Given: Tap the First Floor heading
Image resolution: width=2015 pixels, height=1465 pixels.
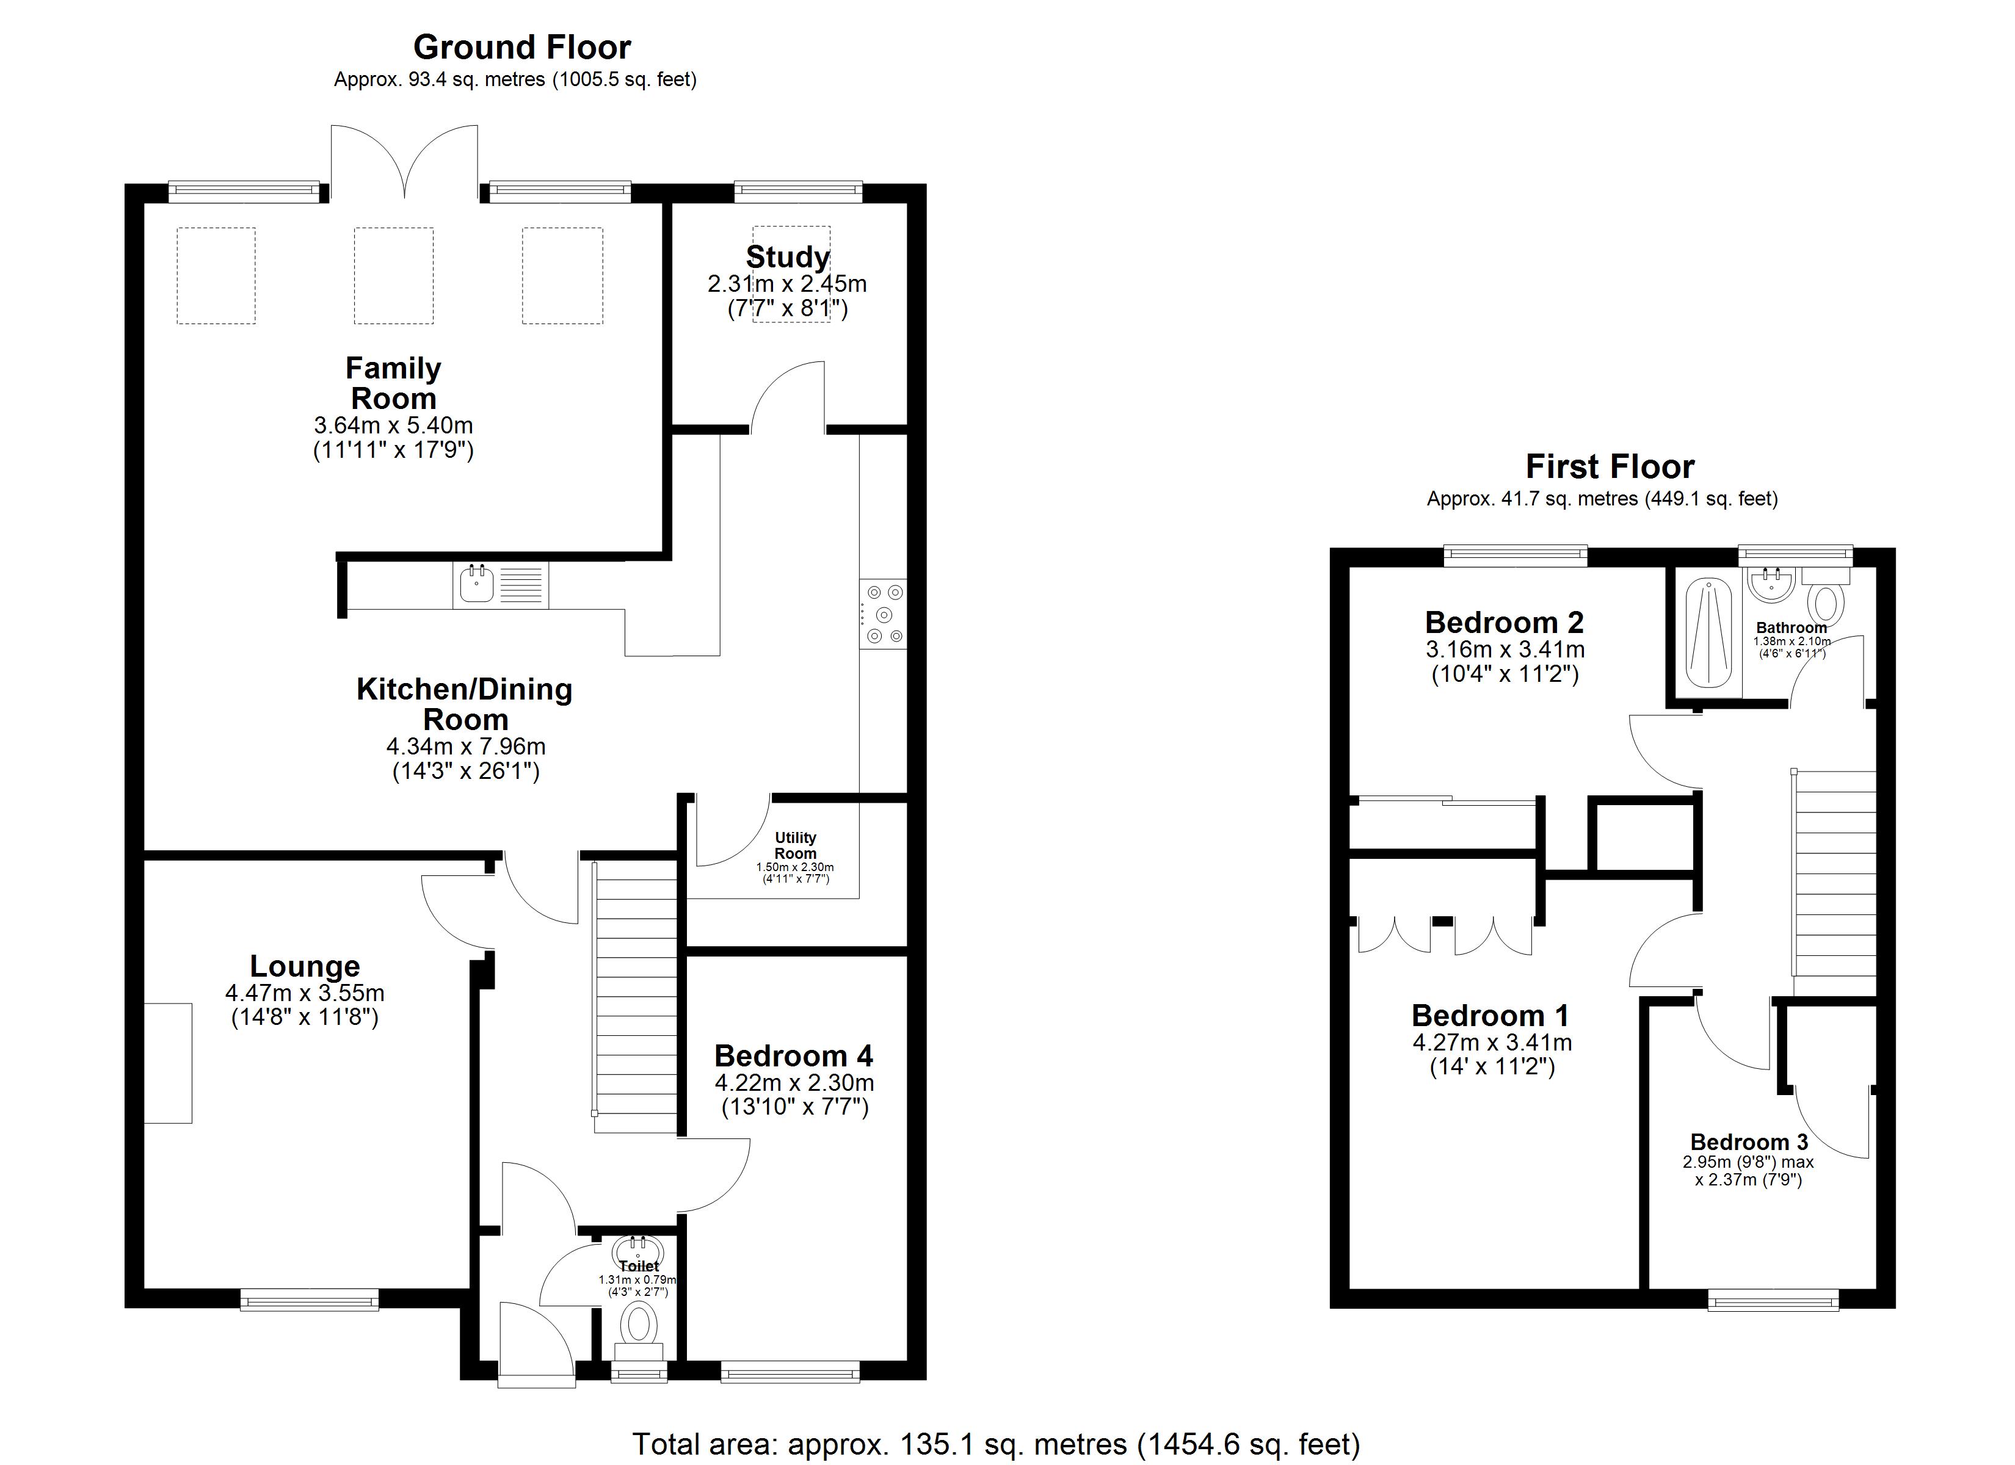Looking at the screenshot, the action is pyautogui.click(x=1610, y=466).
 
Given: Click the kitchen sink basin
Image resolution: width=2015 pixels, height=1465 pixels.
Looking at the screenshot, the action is pyautogui.click(x=477, y=584).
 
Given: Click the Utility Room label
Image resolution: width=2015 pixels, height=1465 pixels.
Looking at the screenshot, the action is pyautogui.click(x=795, y=845).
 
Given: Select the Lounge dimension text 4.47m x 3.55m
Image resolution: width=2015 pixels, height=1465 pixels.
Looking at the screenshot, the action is pyautogui.click(x=305, y=993).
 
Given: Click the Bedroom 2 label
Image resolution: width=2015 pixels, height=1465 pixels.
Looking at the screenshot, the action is pyautogui.click(x=1504, y=622).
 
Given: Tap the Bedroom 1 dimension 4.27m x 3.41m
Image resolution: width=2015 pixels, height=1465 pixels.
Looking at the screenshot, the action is pyautogui.click(x=1492, y=1042).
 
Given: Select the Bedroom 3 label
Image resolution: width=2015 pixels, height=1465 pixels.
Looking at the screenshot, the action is pyautogui.click(x=1748, y=1141).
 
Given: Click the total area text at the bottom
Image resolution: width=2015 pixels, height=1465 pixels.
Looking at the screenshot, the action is pyautogui.click(x=996, y=1444).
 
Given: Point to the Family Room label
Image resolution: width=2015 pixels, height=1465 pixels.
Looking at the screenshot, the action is pyautogui.click(x=393, y=383).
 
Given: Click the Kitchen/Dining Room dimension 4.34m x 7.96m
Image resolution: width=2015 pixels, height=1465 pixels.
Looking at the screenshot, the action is pyautogui.click(x=465, y=747).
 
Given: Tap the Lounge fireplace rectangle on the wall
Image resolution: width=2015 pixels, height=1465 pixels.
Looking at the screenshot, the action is pyautogui.click(x=168, y=1063).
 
